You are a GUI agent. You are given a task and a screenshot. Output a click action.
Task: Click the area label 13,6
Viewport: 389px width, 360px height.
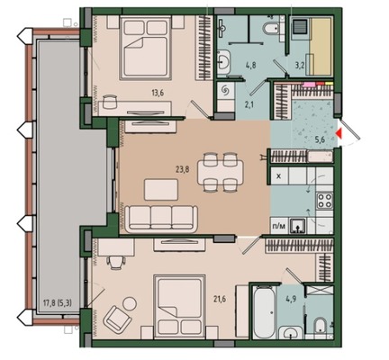point(158,93)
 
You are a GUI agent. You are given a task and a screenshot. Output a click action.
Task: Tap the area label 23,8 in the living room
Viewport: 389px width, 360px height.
point(182,170)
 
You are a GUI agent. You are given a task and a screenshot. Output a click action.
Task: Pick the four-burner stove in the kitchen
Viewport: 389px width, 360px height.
point(325,201)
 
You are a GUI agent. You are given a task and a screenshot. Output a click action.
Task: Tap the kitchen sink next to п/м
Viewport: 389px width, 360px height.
point(297,226)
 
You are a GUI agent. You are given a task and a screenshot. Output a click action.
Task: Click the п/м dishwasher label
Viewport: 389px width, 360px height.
point(278,227)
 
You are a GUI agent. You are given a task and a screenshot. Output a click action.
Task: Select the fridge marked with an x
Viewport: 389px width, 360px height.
point(279,176)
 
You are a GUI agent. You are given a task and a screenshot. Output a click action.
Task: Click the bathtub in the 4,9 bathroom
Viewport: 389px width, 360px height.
point(264,312)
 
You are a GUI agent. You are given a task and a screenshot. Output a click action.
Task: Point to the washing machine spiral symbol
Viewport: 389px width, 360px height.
point(224,90)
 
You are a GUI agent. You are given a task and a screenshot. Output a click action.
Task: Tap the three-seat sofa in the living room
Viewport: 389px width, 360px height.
point(161,219)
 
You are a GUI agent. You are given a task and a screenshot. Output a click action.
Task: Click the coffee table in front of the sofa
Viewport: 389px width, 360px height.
point(161,190)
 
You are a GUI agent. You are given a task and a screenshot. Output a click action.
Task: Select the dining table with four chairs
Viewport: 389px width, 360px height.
point(221,172)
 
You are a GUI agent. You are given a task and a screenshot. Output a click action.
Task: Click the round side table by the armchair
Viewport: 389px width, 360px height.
point(130,303)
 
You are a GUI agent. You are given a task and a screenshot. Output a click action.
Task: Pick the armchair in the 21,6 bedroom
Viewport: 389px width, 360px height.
point(117,319)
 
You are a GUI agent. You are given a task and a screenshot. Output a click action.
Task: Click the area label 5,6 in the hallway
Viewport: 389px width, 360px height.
point(321,139)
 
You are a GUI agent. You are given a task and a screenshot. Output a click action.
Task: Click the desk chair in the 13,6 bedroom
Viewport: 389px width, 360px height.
point(110,101)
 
